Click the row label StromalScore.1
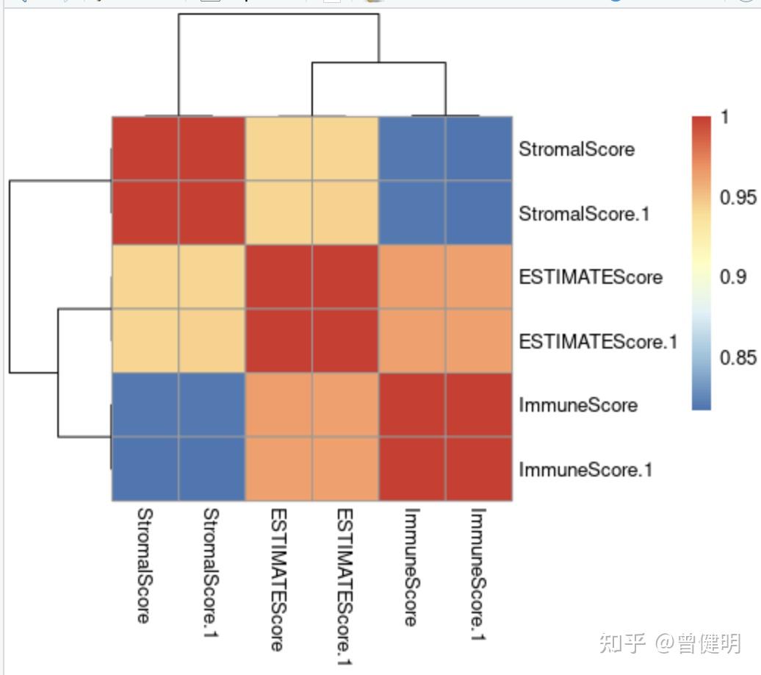tap(584, 214)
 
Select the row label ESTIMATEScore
tap(591, 277)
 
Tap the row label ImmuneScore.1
tap(585, 469)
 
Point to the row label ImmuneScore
tap(578, 405)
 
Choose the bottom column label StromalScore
tap(144, 565)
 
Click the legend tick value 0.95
tap(737, 197)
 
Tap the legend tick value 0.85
tap(737, 357)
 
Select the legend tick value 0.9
tap(733, 276)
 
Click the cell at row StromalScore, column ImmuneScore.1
tap(478, 149)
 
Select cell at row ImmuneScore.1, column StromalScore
tap(145, 469)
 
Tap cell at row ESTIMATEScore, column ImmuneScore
tap(411, 277)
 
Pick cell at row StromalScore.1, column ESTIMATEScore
tap(278, 214)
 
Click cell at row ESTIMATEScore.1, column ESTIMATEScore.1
tap(345, 341)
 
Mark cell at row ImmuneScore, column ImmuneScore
tap(411, 405)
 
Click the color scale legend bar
tap(702, 262)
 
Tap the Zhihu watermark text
tap(669, 643)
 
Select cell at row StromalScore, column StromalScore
tap(145, 149)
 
